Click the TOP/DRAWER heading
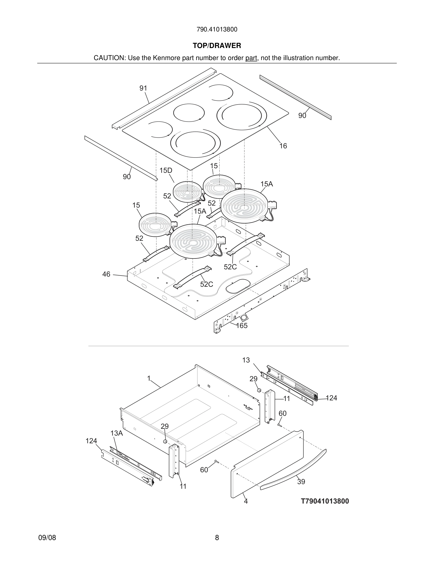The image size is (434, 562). click(217, 46)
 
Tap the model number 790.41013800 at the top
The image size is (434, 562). click(217, 29)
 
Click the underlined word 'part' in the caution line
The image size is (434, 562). click(251, 58)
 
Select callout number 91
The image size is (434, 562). click(143, 88)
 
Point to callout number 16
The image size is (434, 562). click(283, 146)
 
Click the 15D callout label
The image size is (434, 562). click(166, 170)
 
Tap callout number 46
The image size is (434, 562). click(106, 274)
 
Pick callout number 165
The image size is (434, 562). click(242, 325)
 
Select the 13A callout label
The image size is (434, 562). click(117, 433)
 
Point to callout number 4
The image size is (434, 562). click(246, 501)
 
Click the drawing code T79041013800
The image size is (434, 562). click(325, 501)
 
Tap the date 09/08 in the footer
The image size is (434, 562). click(47, 538)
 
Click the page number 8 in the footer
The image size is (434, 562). click(217, 538)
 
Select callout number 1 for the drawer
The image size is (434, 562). click(149, 378)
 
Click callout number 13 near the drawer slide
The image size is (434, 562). click(246, 360)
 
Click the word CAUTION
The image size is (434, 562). click(109, 58)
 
